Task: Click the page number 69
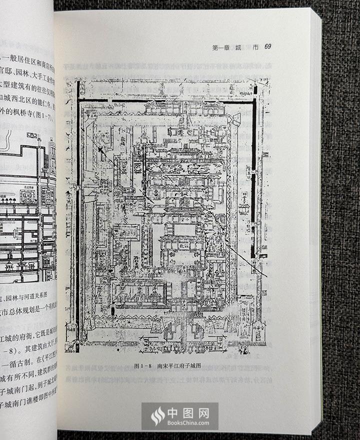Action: pyautogui.click(x=267, y=46)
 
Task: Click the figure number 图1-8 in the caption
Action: pyautogui.click(x=145, y=365)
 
